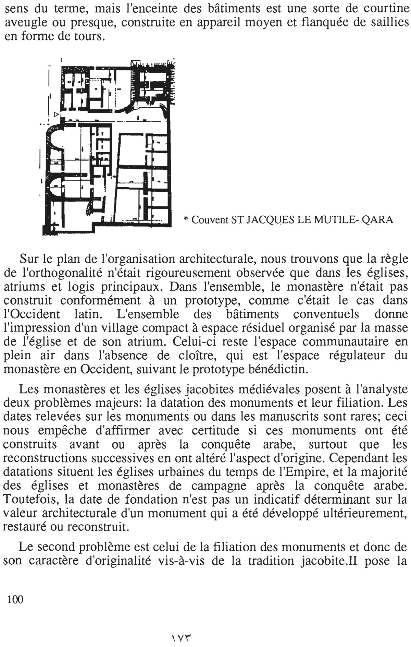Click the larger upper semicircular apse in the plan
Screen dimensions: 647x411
coord(55,141)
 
